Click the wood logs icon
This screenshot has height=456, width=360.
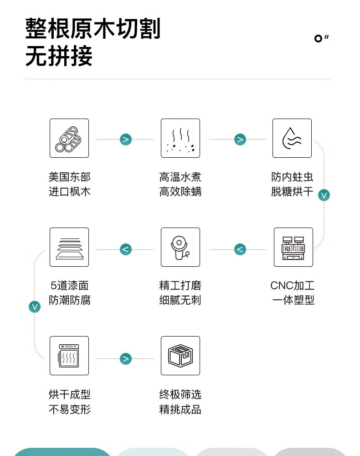69,138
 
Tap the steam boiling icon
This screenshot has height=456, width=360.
180,138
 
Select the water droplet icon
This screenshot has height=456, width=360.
292,138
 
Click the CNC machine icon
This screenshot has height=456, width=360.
293,247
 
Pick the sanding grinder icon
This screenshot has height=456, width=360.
180,247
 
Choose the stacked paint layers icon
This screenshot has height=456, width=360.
69,247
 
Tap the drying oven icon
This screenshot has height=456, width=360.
69,356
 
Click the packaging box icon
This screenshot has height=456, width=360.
180,356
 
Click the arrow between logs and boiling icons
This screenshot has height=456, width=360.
126,140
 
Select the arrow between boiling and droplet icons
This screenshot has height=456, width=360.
240,140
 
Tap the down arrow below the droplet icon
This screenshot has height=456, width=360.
324,195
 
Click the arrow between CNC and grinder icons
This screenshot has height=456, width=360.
240,249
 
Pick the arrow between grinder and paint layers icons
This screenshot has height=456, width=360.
126,249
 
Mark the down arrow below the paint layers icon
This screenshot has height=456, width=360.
35,306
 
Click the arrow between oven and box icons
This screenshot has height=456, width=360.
126,359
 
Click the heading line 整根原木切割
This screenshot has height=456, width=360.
93,29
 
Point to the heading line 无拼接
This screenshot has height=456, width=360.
59,57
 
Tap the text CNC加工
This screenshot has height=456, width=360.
292,286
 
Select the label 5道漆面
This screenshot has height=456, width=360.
69,286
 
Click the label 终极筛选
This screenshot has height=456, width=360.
180,394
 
